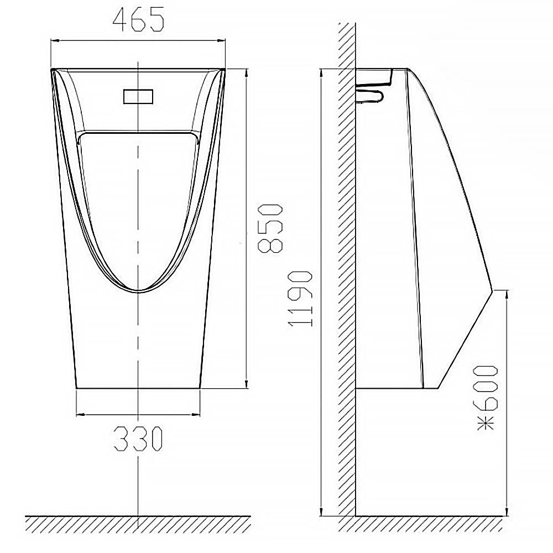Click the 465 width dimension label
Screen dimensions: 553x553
point(138,19)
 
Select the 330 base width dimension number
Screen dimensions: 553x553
point(138,439)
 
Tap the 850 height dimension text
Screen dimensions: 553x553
point(270,228)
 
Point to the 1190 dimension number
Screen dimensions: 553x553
point(300,299)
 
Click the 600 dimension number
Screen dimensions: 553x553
point(486,388)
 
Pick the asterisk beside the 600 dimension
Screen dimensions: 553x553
point(486,422)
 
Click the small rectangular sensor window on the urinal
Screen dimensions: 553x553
point(138,97)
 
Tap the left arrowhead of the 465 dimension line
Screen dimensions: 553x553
point(55,40)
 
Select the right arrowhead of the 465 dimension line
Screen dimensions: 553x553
point(222,40)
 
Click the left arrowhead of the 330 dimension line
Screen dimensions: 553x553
point(80,414)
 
